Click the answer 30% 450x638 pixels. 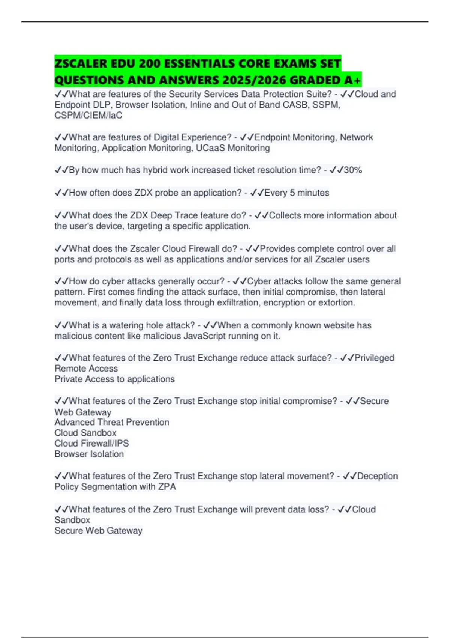pos(353,170)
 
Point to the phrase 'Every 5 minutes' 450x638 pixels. pos(297,193)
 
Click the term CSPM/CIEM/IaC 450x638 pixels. pos(88,115)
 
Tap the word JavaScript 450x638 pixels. pos(204,336)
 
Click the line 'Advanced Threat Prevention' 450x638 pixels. pos(112,422)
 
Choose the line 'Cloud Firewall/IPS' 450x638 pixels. pos(91,443)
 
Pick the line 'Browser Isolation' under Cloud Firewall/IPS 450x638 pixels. pos(89,454)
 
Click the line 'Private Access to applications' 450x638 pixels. pos(114,379)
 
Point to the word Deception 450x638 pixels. pos(377,476)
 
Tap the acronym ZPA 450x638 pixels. pos(167,487)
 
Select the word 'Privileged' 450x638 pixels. pos(374,358)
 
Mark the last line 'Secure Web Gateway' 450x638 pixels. pos(98,531)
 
